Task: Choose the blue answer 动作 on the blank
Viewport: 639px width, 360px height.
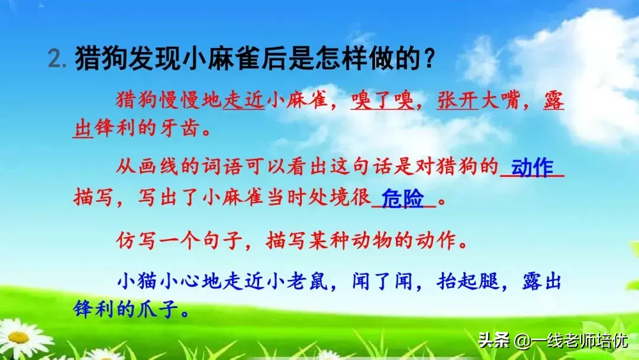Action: click(x=532, y=168)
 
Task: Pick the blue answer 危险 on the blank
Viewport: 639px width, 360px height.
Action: click(x=403, y=199)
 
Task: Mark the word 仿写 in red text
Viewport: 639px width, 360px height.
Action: click(x=135, y=242)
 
